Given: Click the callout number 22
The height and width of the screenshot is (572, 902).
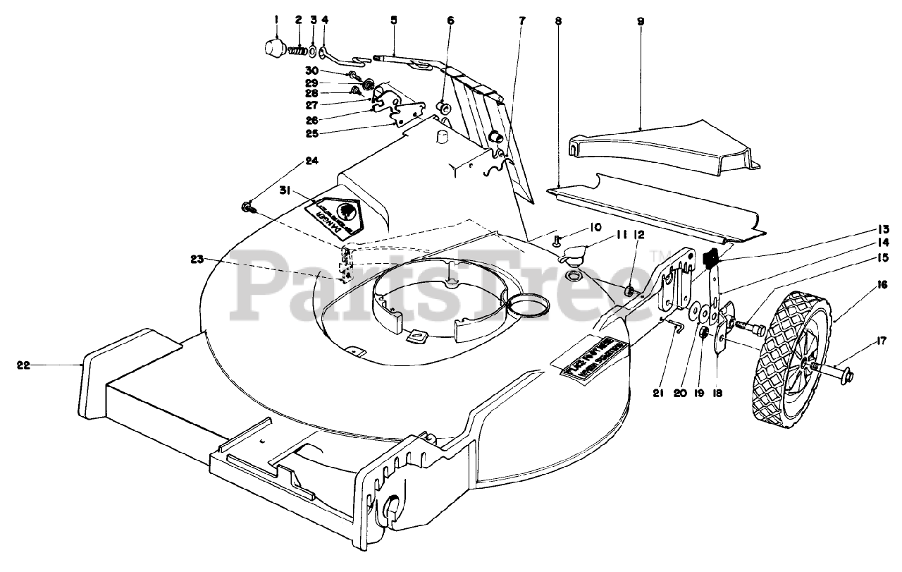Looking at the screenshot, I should point(24,365).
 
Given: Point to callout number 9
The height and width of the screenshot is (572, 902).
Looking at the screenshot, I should point(641,22).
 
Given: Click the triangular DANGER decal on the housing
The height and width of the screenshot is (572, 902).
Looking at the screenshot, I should point(337,213).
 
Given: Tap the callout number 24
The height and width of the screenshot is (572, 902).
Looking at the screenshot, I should point(312,161).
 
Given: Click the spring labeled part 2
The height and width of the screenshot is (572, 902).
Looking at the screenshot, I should point(300,51).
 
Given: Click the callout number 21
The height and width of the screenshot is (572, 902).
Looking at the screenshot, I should point(658,394).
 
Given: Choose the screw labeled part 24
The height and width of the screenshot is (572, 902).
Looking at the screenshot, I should point(248,207).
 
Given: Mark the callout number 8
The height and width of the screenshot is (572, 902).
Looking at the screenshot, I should point(558,22).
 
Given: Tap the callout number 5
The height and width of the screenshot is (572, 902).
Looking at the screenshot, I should point(393,22).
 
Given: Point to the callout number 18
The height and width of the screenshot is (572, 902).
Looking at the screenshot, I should point(717,394).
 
